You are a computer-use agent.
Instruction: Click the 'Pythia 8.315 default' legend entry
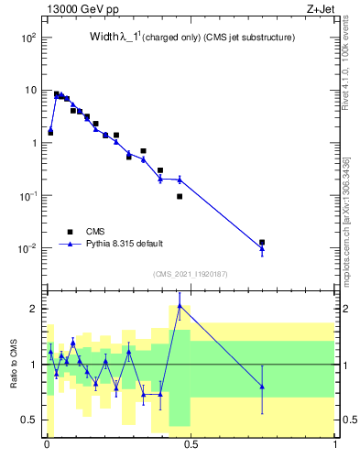125,244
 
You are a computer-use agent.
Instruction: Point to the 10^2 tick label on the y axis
28,38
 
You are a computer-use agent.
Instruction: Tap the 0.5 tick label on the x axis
188,443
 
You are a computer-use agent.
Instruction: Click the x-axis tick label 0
46,443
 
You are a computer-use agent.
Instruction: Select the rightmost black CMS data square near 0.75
262,243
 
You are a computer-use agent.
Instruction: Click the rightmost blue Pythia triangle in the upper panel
262,248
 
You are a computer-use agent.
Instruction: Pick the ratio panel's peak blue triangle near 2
180,307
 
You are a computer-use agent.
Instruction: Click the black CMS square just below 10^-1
180,196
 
